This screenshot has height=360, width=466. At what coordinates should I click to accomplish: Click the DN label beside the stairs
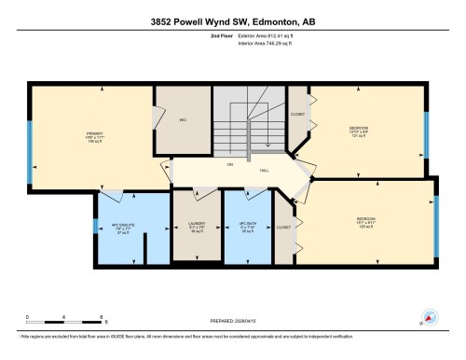[x=229, y=164]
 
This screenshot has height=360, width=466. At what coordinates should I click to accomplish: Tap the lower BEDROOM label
[x=365, y=224]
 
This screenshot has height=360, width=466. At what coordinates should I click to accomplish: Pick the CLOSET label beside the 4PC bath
[x=283, y=227]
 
